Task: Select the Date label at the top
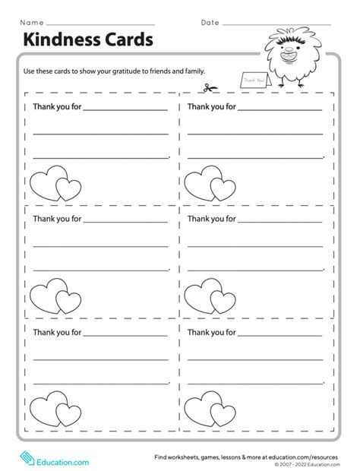pyautogui.click(x=210, y=22)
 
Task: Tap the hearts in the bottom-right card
pyautogui.click(x=210, y=410)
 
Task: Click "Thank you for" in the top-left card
pyautogui.click(x=56, y=106)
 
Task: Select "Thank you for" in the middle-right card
pyautogui.click(x=211, y=219)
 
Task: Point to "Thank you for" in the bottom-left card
pyautogui.click(x=56, y=332)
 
